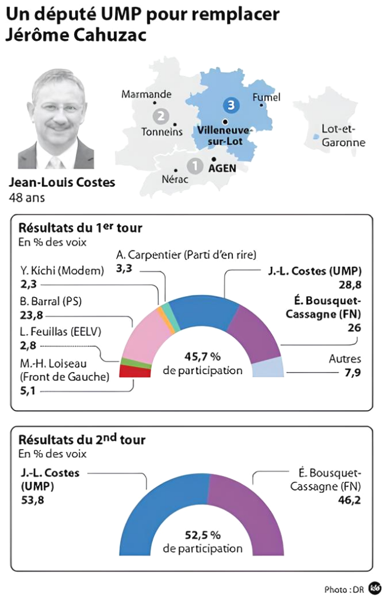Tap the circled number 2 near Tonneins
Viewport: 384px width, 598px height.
coord(160,115)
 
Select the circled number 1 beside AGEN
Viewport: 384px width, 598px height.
coord(195,166)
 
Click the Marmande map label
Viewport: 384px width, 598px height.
coord(146,94)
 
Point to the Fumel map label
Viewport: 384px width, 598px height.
coord(267,98)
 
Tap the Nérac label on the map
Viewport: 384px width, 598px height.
coord(174,179)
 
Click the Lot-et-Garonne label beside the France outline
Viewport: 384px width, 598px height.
coord(344,135)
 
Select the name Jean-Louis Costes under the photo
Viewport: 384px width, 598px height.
coord(62,183)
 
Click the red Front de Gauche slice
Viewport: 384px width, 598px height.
coord(128,371)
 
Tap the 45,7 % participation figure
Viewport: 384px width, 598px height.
coord(203,357)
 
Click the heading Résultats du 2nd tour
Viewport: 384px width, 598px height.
coord(82,440)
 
